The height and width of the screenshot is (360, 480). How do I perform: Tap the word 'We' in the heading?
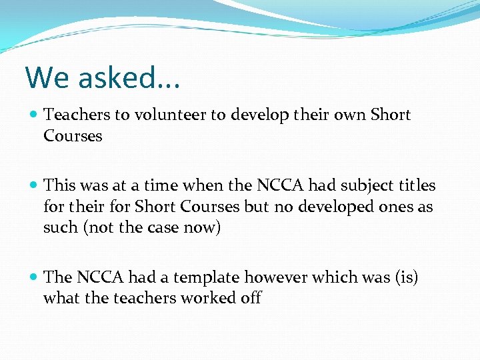pos(47,77)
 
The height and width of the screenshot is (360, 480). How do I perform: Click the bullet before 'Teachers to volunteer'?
pos(34,115)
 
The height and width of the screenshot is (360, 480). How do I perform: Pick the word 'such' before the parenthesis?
pos(61,228)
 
